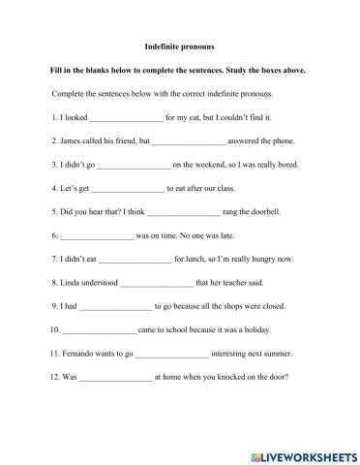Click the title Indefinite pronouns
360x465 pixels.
point(179,46)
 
